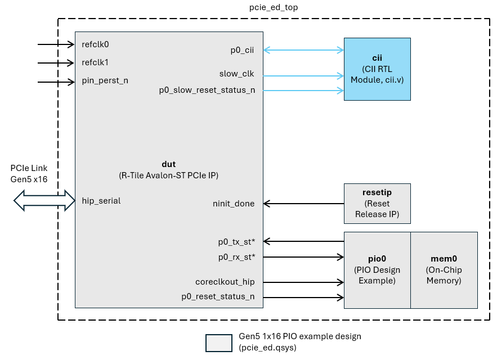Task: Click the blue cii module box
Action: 377,69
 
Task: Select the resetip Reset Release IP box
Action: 377,203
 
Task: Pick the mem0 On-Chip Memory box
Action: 444,270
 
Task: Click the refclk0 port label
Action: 95,44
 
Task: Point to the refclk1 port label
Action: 95,62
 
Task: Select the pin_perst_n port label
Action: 105,80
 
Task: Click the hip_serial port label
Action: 101,200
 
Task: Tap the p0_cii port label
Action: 242,50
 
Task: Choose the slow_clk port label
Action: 236,74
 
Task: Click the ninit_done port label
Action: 234,203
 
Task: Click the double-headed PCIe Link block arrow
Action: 44,200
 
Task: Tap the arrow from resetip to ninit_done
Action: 304,203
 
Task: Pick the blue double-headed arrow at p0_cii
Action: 304,50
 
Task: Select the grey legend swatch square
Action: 218,343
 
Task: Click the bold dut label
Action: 168,164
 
